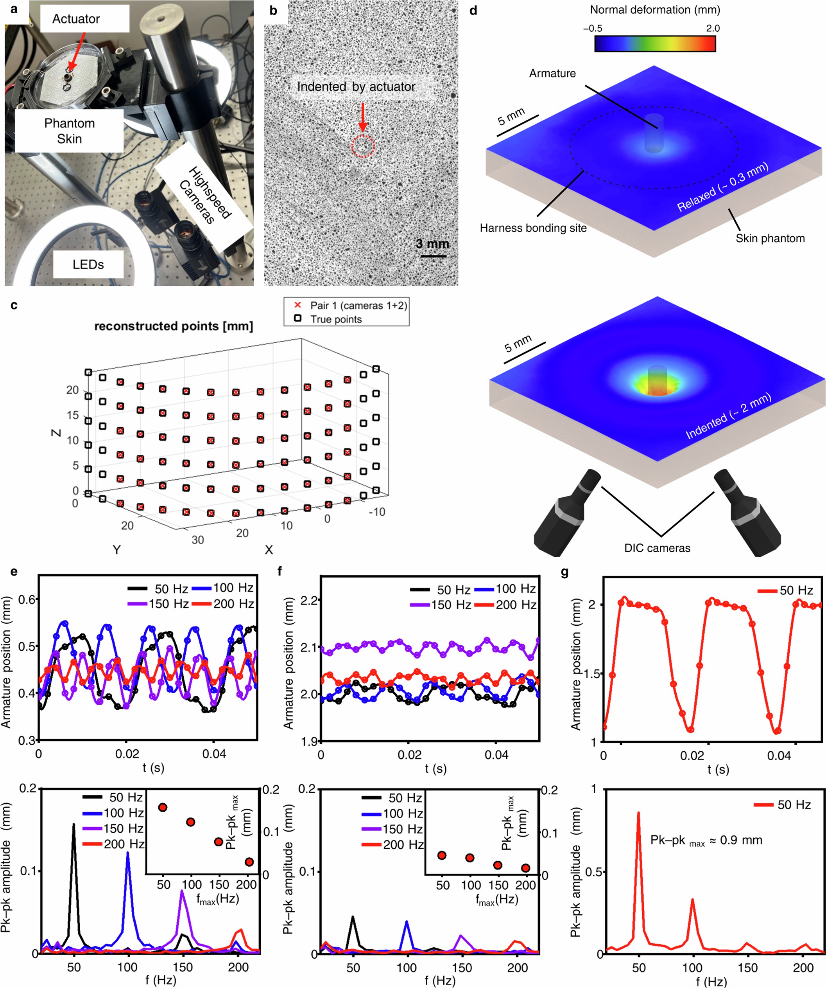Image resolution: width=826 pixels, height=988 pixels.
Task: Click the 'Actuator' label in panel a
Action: click(76, 19)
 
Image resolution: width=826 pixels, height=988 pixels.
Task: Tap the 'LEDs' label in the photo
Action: click(88, 265)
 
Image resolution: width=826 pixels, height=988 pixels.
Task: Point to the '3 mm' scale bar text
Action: click(432, 244)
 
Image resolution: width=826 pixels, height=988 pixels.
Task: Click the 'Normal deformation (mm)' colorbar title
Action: click(654, 9)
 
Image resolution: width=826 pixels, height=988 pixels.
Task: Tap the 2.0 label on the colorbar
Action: click(712, 28)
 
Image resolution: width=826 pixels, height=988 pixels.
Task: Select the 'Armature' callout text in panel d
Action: click(552, 74)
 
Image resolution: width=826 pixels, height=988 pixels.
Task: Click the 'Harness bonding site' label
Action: click(533, 228)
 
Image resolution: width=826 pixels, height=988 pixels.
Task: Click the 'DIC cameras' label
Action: click(657, 548)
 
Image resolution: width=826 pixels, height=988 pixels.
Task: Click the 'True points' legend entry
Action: click(336, 319)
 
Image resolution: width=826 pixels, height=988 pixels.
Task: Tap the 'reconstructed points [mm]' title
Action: click(174, 326)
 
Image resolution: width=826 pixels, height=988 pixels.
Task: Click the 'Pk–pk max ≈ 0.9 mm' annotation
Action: click(706, 840)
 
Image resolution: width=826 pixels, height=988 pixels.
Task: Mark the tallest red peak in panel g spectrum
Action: click(638, 813)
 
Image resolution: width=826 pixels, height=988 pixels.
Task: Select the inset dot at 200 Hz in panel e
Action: click(249, 862)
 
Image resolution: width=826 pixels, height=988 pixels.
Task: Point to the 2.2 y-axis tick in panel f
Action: click(311, 600)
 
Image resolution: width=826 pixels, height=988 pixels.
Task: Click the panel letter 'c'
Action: click(14, 305)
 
